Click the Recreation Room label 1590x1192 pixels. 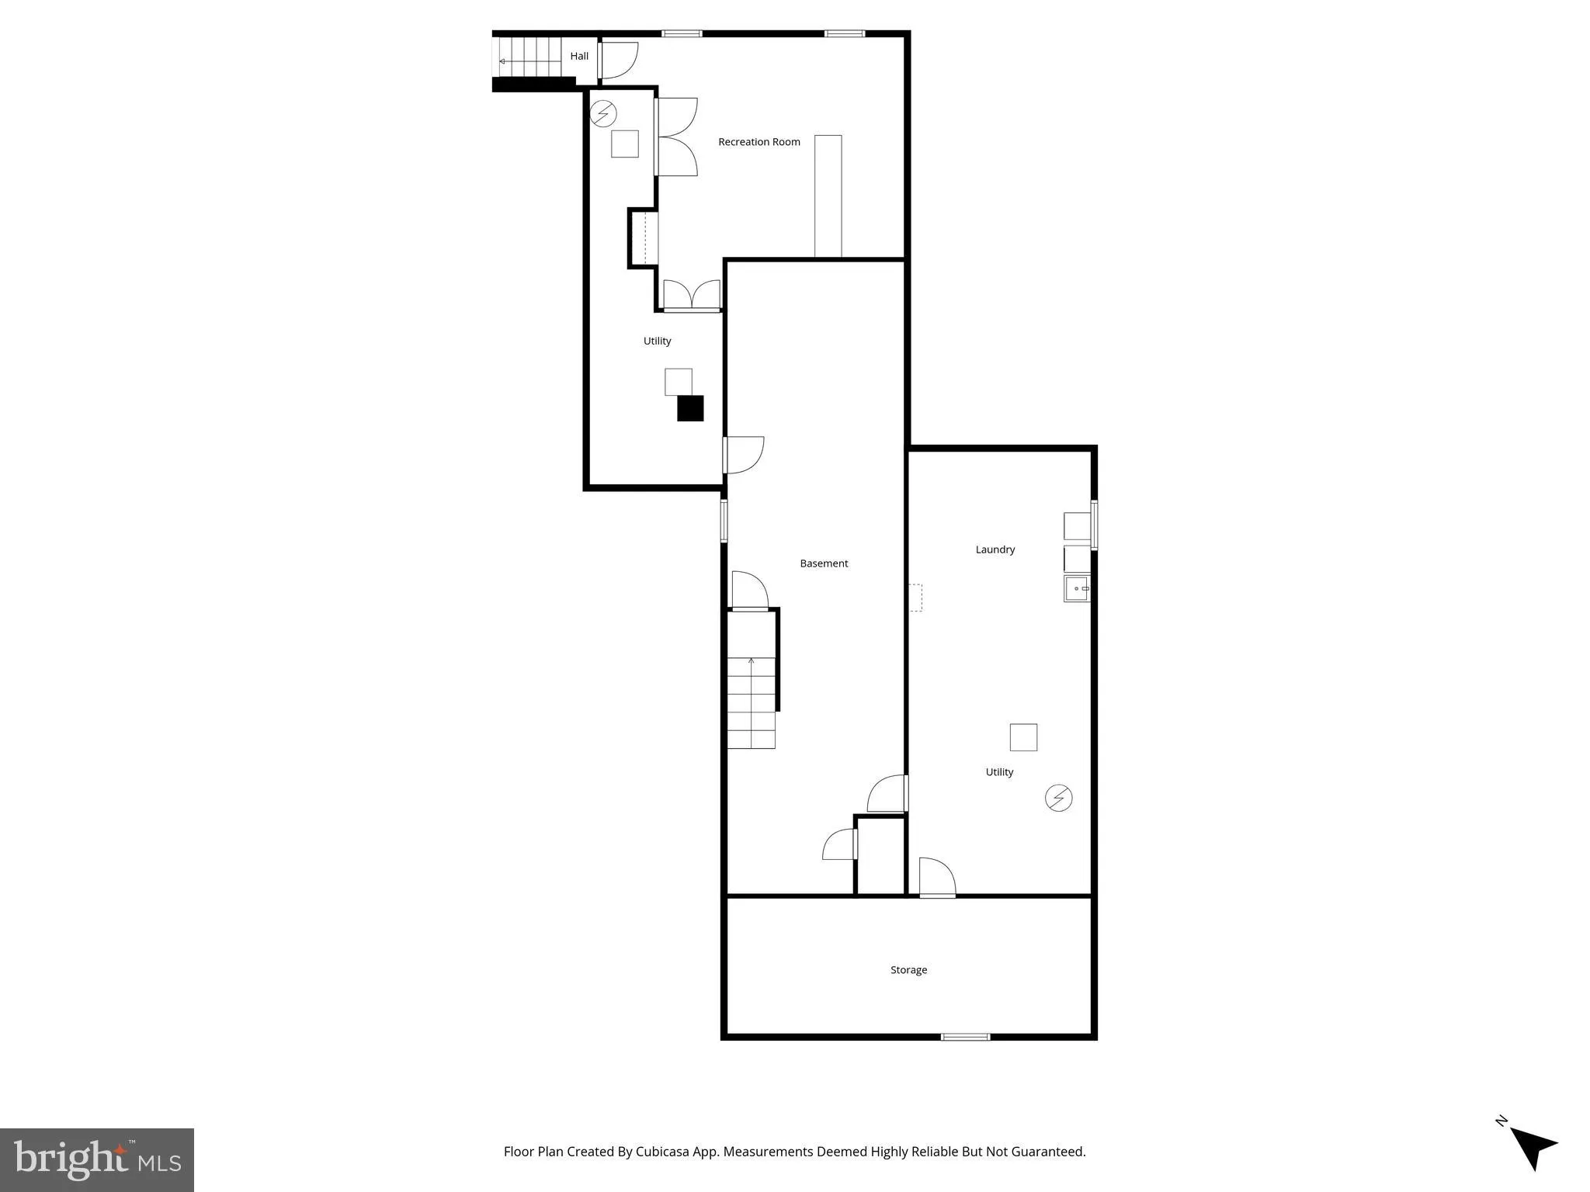(759, 142)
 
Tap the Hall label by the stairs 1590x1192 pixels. (579, 56)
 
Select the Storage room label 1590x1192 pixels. (908, 970)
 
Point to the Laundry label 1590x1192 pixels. (995, 549)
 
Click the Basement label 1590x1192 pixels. (824, 563)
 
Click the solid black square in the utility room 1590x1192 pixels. (690, 408)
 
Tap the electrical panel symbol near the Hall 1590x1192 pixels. (603, 114)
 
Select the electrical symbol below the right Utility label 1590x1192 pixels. (1058, 798)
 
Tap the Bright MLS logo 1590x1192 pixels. (97, 1159)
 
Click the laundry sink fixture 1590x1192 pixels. (1077, 588)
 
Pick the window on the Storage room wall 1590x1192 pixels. (965, 1037)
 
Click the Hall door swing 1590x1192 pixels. (619, 61)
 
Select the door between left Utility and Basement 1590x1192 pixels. (742, 455)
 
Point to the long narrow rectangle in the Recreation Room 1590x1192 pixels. (828, 196)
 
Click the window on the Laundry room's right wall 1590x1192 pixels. (1094, 525)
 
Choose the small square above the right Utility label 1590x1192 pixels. (1023, 737)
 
